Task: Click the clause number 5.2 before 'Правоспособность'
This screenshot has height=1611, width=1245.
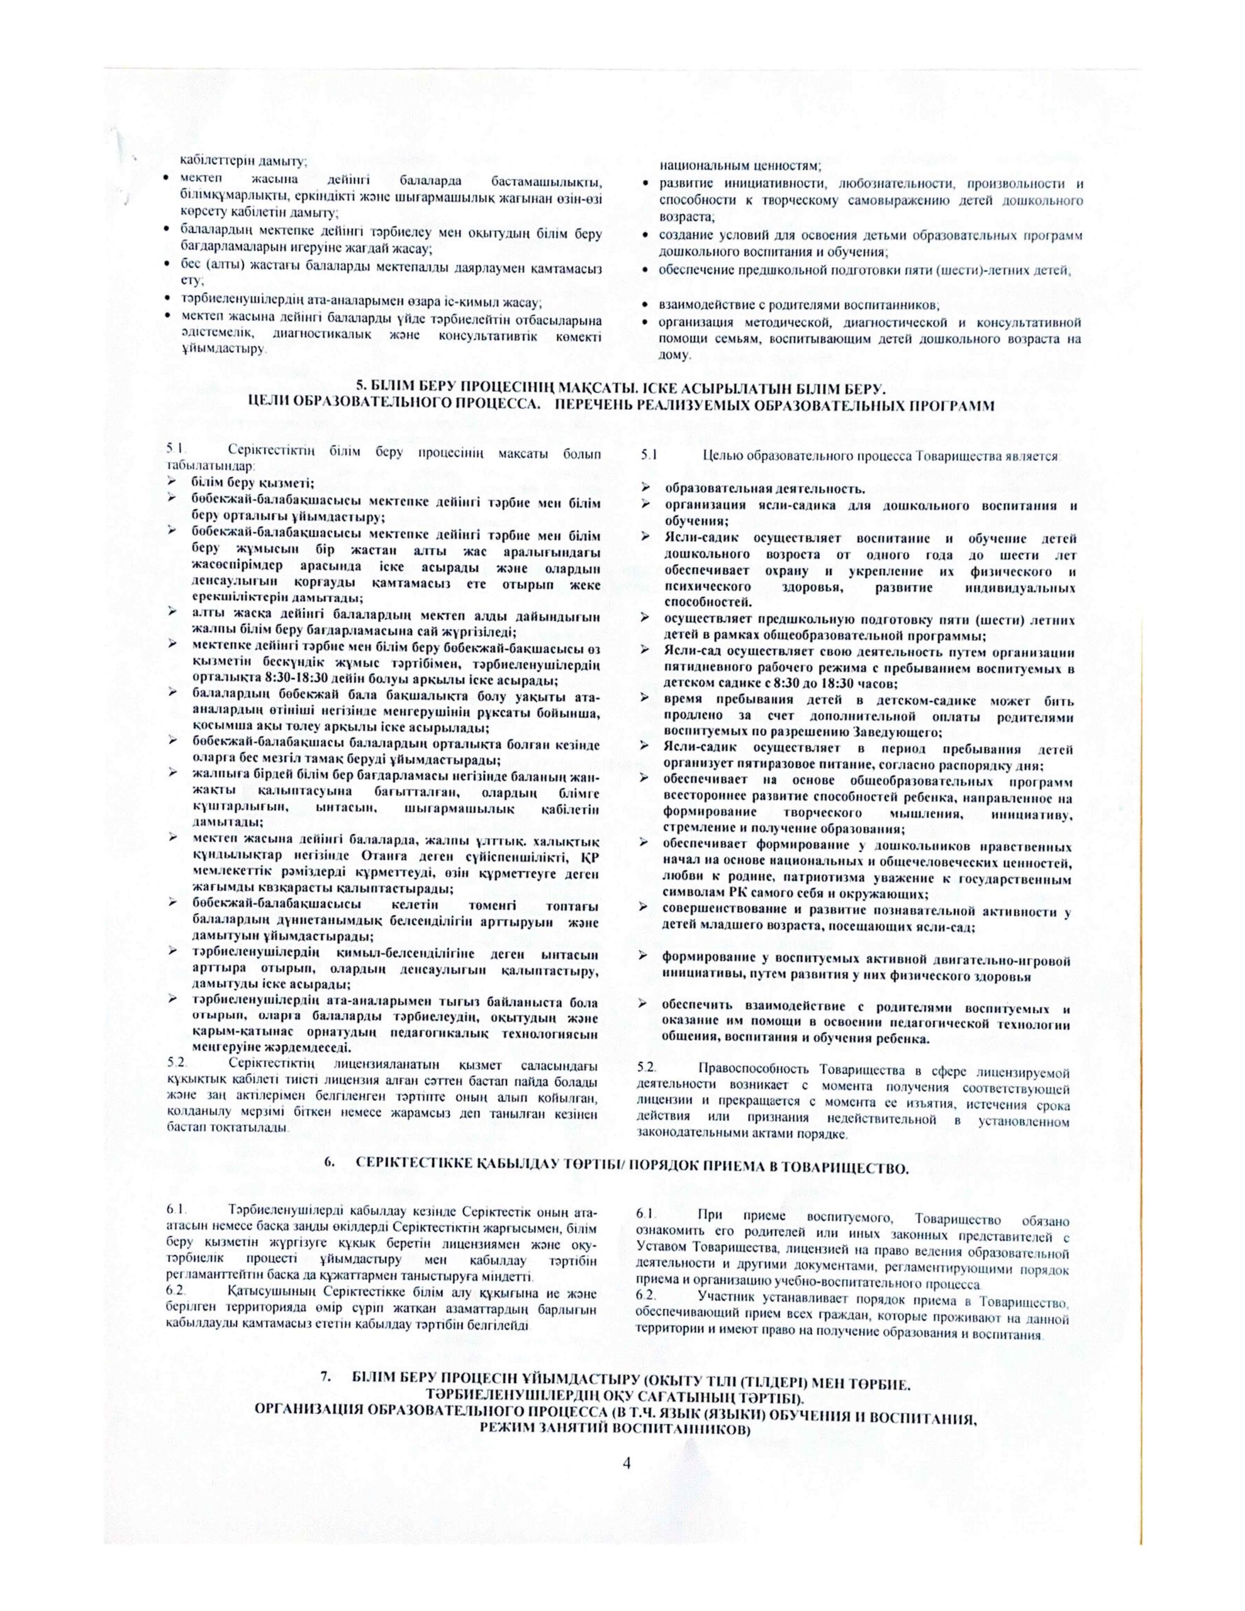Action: tap(645, 1072)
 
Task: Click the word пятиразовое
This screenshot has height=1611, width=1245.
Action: tap(750, 765)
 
